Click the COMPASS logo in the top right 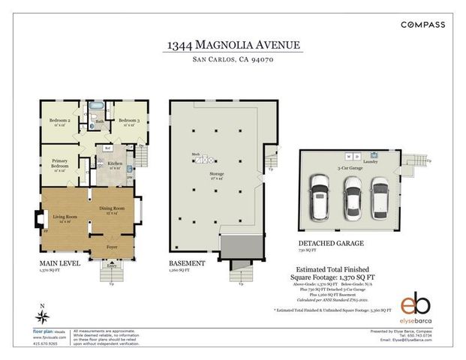[422, 24]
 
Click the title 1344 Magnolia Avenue [233, 46]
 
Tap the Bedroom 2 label [59, 121]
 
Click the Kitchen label [115, 164]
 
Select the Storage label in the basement [216, 178]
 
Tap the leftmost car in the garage [321, 198]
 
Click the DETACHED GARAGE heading [331, 244]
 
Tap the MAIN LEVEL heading [60, 263]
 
